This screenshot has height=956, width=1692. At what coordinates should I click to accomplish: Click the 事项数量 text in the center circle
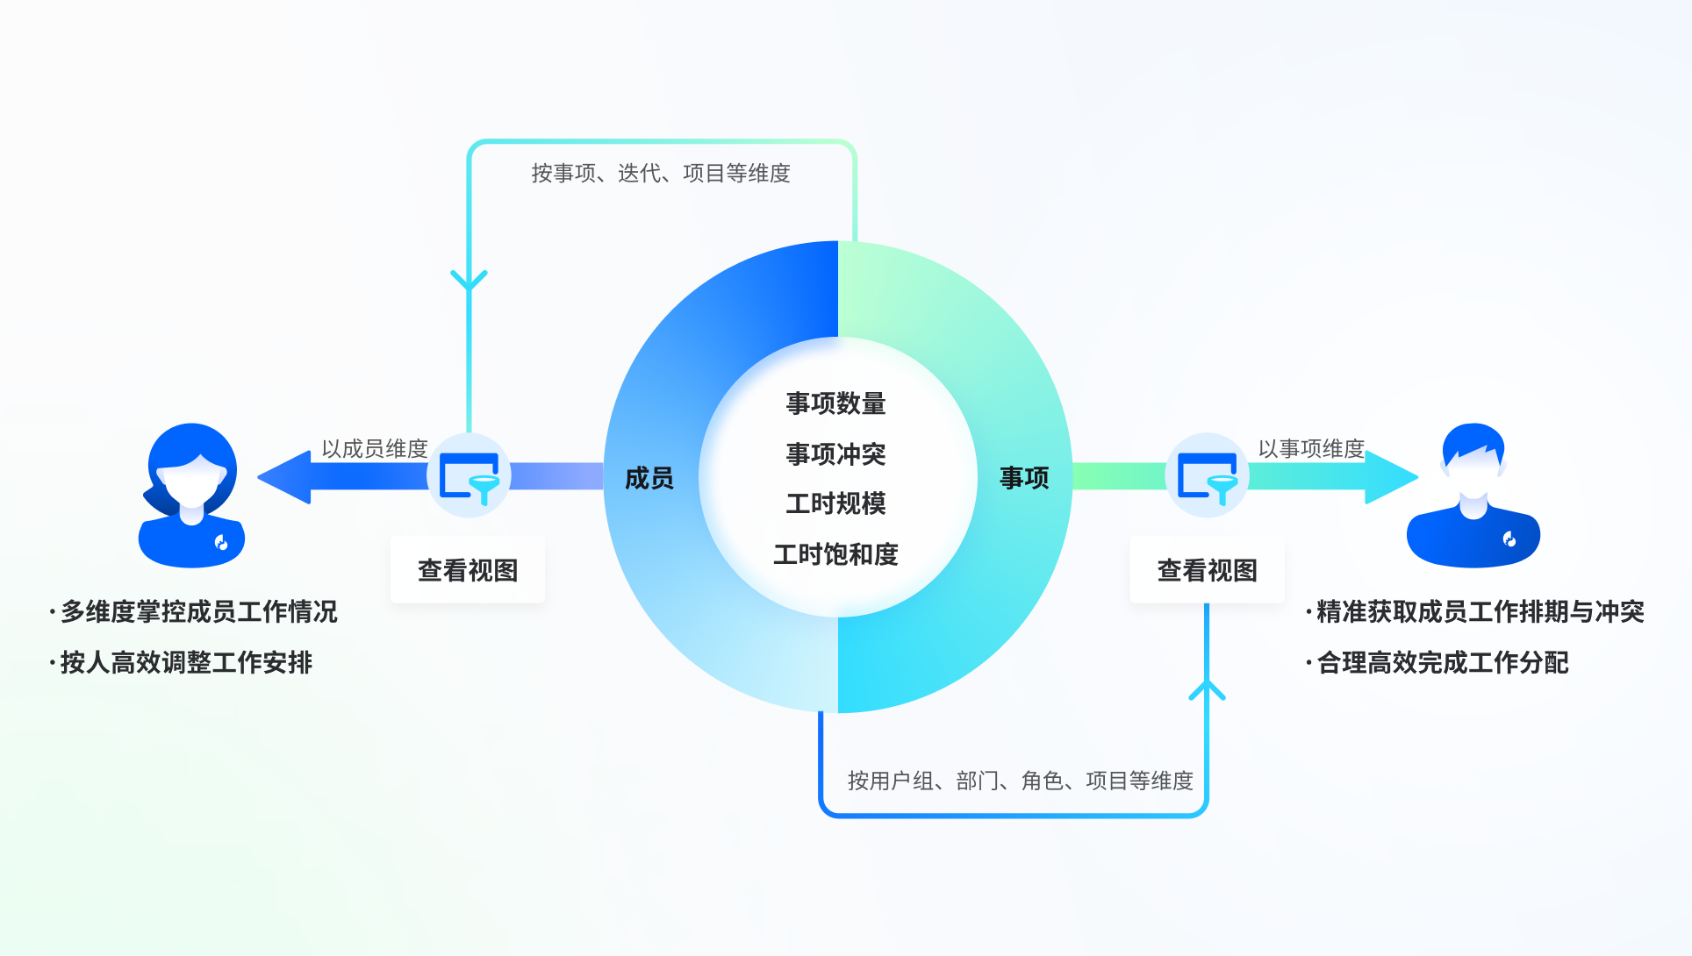coord(835,403)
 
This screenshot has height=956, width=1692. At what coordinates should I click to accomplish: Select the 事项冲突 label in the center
coord(835,454)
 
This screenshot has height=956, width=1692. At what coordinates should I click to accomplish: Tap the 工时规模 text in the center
coord(835,503)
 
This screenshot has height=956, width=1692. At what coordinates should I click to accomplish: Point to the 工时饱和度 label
coord(835,554)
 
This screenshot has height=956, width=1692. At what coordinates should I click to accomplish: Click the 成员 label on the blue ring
coord(649,478)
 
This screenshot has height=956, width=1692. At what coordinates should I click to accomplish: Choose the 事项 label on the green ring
coord(1024,478)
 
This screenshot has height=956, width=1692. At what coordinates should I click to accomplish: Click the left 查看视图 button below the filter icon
coord(468,570)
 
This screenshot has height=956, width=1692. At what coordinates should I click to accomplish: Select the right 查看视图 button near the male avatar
coord(1207,570)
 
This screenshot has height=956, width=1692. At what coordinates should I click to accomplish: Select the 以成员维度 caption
coord(375,449)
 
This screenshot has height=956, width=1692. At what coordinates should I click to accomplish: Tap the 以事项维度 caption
coord(1311,449)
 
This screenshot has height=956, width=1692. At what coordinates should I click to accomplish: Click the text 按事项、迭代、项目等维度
coord(661,174)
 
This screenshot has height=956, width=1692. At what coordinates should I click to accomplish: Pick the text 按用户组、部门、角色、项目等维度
coord(1020,781)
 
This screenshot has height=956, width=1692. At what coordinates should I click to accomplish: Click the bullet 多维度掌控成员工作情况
coord(198,611)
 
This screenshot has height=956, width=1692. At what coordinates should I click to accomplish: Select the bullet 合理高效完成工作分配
coord(1442,662)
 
